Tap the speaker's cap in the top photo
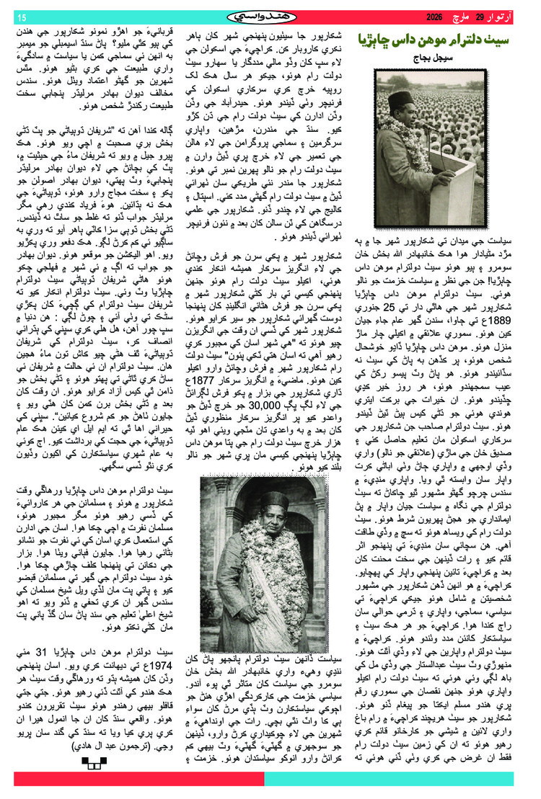[400, 98]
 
